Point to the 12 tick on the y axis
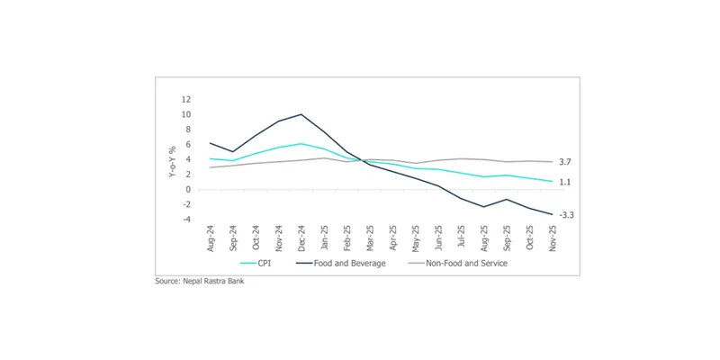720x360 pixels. tap(186, 99)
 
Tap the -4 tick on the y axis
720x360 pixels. tap(186, 219)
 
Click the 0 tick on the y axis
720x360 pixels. tap(187, 189)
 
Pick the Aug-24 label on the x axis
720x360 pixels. tap(211, 238)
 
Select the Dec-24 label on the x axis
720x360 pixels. tap(301, 238)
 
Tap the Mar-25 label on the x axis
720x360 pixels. tap(368, 238)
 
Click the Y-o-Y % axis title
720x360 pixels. tap(171, 159)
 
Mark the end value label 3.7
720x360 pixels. tap(565, 162)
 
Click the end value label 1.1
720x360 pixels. tap(565, 182)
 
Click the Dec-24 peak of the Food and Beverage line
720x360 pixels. tap(301, 114)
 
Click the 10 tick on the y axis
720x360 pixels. tap(186, 114)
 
